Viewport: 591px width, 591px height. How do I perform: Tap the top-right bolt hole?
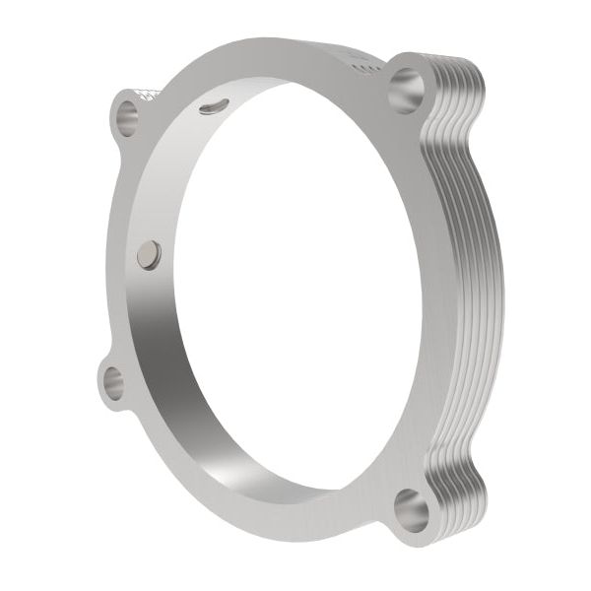[406, 91]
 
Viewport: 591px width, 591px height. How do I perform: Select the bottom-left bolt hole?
[114, 382]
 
